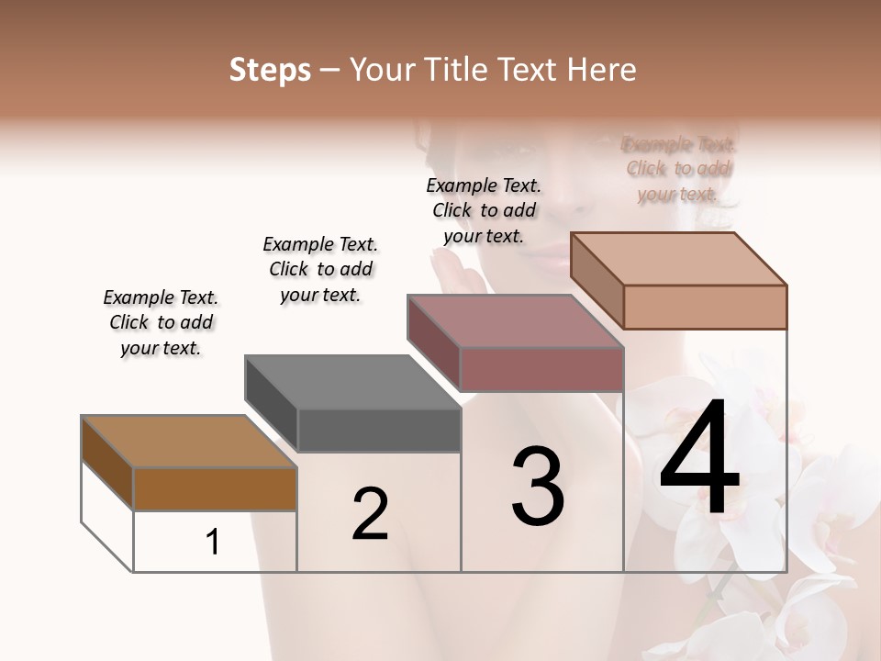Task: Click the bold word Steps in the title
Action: (270, 70)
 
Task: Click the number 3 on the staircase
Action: (538, 487)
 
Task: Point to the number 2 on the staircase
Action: (370, 515)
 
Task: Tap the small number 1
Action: (213, 543)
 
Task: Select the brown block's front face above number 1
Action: (215, 488)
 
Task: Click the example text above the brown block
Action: (161, 322)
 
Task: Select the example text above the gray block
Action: (320, 269)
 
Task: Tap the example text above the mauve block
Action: (484, 210)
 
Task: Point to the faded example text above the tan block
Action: (678, 169)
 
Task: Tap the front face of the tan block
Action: (705, 307)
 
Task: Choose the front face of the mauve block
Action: (541, 369)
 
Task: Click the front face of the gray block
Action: (379, 430)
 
